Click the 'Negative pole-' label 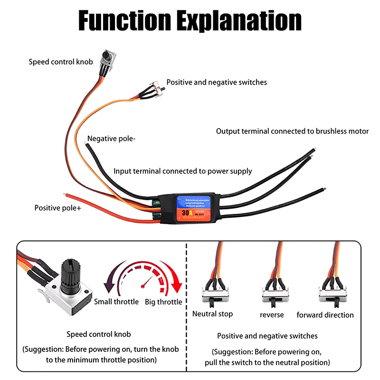coord(112,139)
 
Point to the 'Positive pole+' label coord(57,208)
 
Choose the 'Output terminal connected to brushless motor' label coord(292,131)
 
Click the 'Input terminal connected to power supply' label coord(182,171)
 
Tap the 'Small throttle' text coord(116,302)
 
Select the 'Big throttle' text coord(163,302)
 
